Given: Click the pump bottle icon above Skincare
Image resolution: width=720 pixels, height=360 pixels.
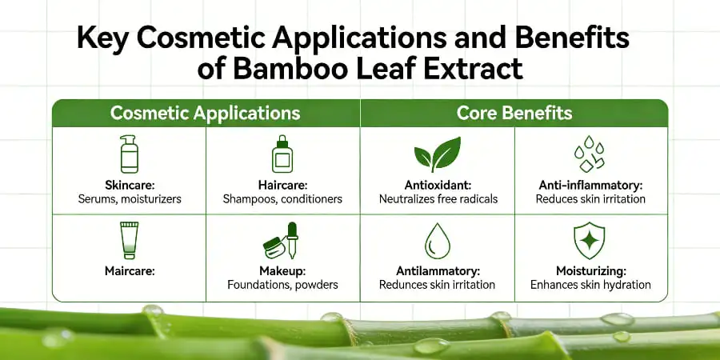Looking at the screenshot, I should point(129,154).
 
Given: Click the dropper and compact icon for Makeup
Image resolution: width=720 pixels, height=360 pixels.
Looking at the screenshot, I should point(282,241).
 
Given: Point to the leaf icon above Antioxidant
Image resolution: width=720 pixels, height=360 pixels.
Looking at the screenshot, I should point(437,154).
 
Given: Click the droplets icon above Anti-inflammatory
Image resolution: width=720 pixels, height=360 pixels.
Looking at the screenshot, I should point(591,154).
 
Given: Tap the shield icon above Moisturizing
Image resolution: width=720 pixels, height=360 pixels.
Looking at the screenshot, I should point(591,240).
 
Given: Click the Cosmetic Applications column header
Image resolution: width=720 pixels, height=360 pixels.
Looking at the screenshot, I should point(205,113).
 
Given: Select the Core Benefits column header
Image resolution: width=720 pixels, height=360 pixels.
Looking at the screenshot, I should point(514,113).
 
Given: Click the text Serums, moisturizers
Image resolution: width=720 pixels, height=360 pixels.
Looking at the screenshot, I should point(129,198).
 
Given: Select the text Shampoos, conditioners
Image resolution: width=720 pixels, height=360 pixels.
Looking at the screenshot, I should point(282,198).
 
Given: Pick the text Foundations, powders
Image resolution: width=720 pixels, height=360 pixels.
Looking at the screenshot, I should point(282,285).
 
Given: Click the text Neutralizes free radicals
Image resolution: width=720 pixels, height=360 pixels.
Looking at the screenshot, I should point(437,198).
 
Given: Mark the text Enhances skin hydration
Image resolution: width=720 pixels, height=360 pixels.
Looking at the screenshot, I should point(591,285).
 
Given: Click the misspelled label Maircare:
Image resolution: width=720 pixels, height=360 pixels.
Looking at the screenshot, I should point(129,271).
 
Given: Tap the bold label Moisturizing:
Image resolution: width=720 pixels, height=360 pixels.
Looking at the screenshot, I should point(591,271).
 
